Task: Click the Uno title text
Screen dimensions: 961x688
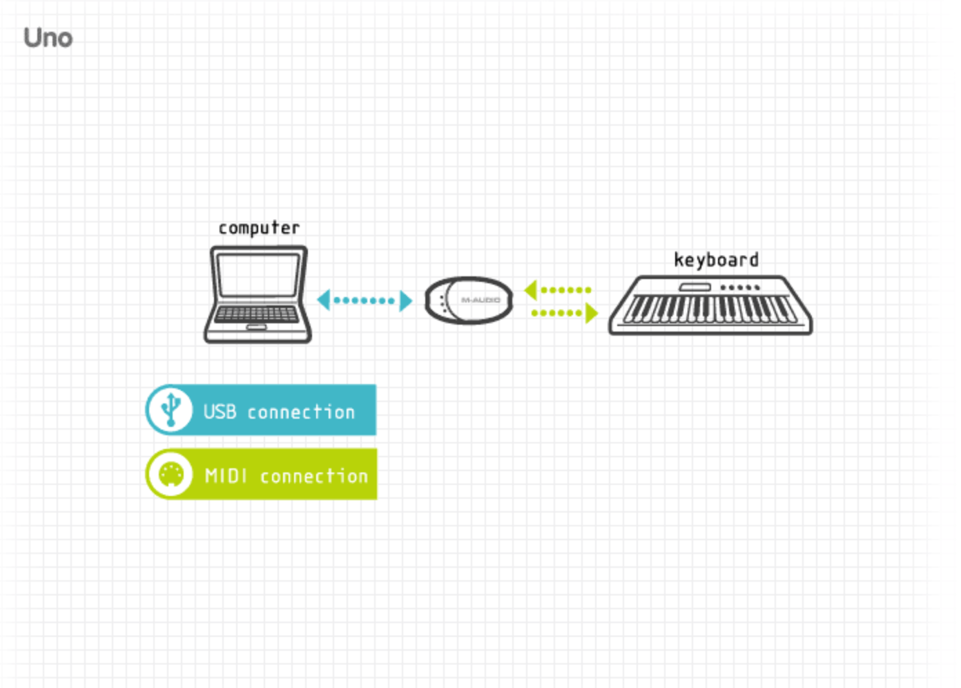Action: [x=48, y=38]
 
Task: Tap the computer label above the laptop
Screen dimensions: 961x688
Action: [x=259, y=228]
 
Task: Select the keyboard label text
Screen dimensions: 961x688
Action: [x=717, y=260]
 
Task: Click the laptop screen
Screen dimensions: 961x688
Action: [x=259, y=275]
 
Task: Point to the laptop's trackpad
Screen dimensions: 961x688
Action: [x=256, y=327]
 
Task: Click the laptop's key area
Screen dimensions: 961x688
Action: [x=257, y=314]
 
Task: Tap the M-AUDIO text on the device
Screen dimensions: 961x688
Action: [x=480, y=300]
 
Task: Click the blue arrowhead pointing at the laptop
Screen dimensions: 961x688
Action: [x=324, y=300]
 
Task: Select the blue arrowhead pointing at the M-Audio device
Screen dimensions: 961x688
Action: [x=406, y=301]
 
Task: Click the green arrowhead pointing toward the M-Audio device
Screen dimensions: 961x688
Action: [x=531, y=290]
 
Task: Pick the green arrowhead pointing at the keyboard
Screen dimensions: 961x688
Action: [x=592, y=313]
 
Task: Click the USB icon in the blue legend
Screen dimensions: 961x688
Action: [x=171, y=410]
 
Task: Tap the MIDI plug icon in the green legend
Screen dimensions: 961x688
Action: [x=171, y=475]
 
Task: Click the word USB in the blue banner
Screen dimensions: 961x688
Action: [x=220, y=412]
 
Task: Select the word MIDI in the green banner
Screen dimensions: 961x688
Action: [x=226, y=476]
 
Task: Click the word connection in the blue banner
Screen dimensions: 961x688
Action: [x=301, y=412]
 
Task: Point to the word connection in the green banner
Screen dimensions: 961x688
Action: [x=314, y=476]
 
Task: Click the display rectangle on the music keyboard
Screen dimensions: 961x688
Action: [x=695, y=287]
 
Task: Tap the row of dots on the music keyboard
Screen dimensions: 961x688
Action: [x=740, y=287]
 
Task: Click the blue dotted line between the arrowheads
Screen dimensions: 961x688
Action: [x=365, y=300]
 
